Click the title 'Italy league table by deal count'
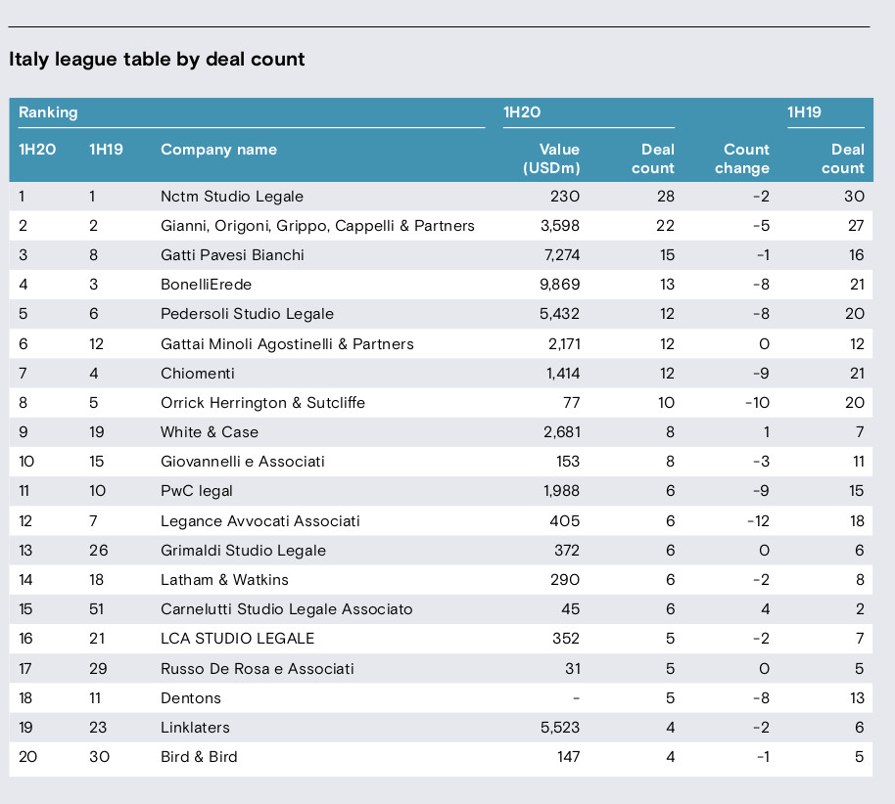[x=157, y=60]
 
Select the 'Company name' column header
[x=218, y=150]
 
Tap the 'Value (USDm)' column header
[x=551, y=158]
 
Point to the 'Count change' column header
[x=742, y=158]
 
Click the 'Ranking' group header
[x=48, y=112]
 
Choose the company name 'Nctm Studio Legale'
[x=232, y=197]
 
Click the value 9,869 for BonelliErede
[x=559, y=285]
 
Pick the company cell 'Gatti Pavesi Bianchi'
[x=232, y=255]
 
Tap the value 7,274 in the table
[x=562, y=255]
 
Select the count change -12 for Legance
[x=758, y=521]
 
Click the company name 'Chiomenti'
[x=198, y=374]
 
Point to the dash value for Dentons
[x=577, y=698]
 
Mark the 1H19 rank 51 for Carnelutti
[x=97, y=609]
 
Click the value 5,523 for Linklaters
[x=560, y=728]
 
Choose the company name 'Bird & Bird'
[x=199, y=757]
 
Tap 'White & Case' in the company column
[x=210, y=432]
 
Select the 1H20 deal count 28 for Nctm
[x=666, y=197]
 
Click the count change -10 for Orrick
[x=758, y=403]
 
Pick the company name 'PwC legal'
[x=197, y=491]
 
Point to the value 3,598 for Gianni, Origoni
[x=560, y=226]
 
